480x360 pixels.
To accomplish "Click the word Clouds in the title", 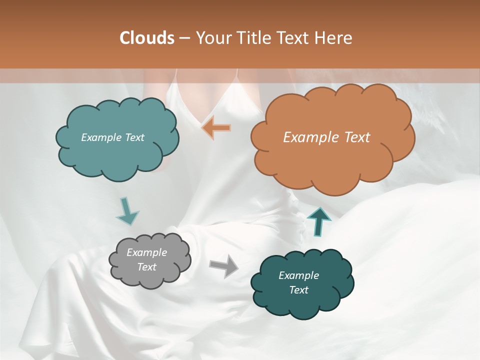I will [147, 38].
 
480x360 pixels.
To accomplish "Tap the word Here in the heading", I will [333, 38].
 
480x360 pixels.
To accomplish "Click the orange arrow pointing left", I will [216, 128].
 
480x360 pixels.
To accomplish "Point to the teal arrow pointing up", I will [319, 221].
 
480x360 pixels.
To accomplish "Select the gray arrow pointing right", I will [224, 265].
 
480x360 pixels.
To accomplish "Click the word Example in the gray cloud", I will [146, 252].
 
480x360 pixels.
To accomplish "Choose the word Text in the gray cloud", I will [147, 267].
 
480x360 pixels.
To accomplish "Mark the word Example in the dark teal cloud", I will [298, 275].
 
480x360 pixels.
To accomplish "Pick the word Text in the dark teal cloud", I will [298, 290].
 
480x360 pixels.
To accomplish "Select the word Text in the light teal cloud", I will [133, 137].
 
